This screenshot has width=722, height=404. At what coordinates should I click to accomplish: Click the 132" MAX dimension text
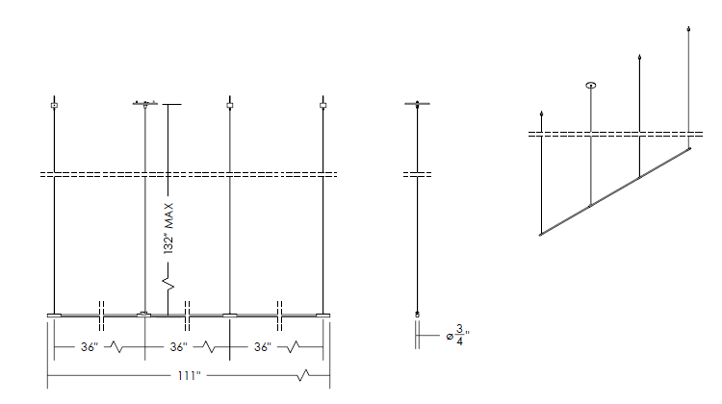tap(168, 228)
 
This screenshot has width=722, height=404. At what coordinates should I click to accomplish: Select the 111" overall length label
tap(189, 376)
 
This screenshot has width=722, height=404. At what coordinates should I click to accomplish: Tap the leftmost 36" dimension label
tap(90, 347)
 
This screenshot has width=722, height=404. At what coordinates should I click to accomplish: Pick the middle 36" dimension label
tap(178, 347)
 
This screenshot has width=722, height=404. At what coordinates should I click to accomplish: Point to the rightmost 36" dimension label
tap(263, 347)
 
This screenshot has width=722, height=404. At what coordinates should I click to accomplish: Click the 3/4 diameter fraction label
tap(458, 335)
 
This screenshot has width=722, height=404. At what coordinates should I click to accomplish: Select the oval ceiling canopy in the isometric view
tap(591, 85)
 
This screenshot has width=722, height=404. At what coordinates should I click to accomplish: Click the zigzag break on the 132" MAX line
tap(168, 284)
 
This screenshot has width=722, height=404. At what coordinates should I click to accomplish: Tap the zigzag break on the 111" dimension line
tap(303, 375)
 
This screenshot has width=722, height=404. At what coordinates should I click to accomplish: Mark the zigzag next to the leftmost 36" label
tap(116, 347)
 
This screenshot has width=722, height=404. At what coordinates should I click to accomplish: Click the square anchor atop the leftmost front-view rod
tap(54, 106)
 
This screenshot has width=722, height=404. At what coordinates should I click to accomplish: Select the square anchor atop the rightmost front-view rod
tap(322, 106)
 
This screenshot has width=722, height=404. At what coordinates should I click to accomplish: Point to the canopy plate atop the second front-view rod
tap(145, 103)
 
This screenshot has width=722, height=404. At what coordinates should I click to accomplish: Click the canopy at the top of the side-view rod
tap(417, 104)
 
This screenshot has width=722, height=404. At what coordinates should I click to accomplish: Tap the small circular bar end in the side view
tap(417, 315)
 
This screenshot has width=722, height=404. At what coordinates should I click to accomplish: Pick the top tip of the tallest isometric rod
tap(688, 27)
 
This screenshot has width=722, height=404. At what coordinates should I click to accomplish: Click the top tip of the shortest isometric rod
tap(541, 112)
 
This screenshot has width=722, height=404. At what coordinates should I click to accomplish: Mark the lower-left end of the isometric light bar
tap(540, 235)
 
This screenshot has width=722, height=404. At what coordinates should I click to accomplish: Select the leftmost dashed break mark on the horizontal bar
tap(102, 316)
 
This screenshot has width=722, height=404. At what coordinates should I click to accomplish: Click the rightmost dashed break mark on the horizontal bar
tap(279, 316)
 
